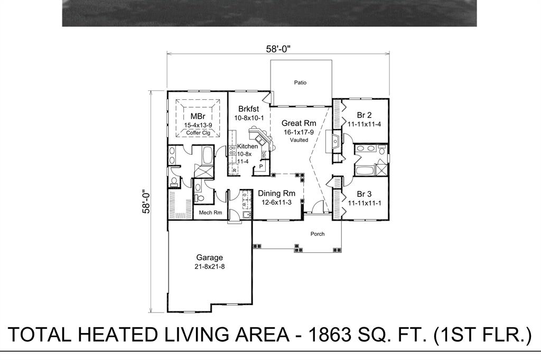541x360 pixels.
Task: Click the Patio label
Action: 300,82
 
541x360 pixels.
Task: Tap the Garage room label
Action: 210,258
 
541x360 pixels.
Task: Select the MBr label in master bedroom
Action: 198,116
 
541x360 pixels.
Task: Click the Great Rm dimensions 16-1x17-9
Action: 299,132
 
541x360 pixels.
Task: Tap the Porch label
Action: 318,234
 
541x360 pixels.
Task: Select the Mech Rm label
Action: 210,213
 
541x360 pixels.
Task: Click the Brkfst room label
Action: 248,109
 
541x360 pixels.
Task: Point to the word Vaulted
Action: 299,140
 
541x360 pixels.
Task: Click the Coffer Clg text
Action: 198,133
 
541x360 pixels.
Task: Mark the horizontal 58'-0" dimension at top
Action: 278,49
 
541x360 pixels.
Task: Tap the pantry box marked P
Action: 260,167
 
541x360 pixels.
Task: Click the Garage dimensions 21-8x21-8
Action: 210,267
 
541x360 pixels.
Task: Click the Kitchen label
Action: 247,146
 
